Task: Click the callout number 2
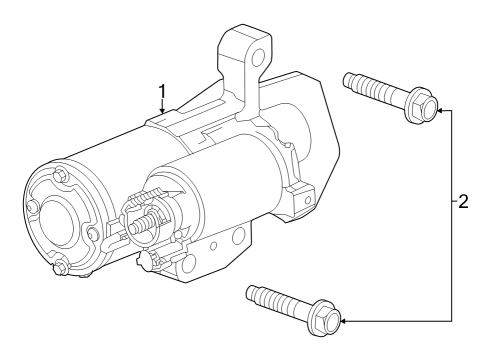[462, 201]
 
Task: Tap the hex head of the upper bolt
[421, 109]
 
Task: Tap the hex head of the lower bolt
[325, 320]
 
